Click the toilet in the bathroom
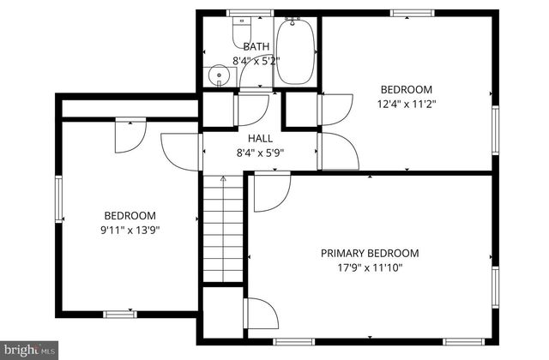point(242,32)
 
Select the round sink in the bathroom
point(220,75)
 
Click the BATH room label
point(256,47)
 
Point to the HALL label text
point(260,138)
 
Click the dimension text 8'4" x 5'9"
point(260,153)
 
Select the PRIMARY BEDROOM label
point(370,253)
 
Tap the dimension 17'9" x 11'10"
point(370,267)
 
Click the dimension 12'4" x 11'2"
point(407,104)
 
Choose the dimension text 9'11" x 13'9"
point(130,230)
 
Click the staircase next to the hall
point(224,231)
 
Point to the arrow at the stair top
point(224,181)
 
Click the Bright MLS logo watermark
point(29,350)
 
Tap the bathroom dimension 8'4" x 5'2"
point(256,61)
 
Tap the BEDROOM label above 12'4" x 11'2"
point(407,89)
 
